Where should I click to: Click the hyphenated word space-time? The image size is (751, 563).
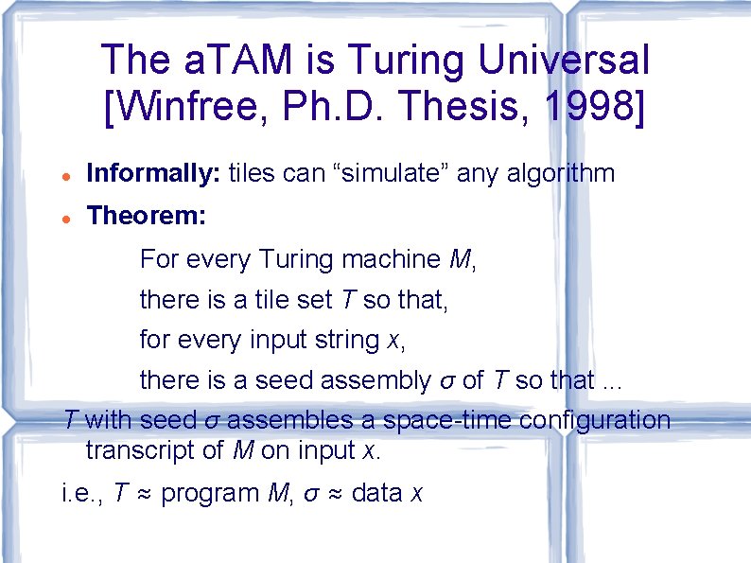(416, 419)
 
